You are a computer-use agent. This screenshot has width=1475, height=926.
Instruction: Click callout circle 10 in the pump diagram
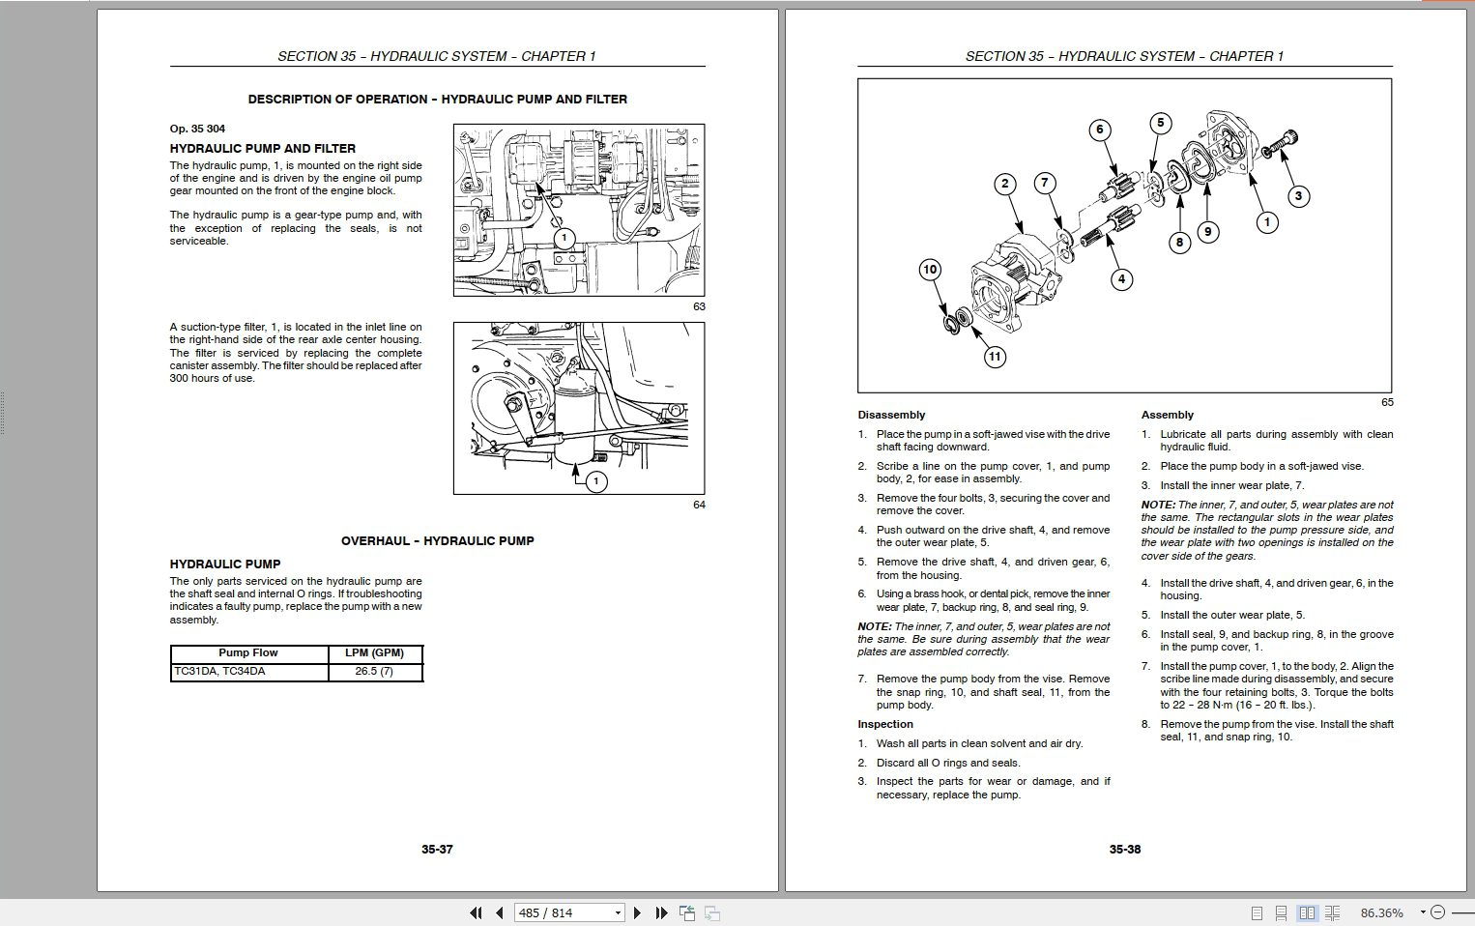930,270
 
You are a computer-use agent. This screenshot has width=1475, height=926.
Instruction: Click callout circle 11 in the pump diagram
995,357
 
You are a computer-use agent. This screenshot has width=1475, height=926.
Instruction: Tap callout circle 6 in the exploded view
1099,130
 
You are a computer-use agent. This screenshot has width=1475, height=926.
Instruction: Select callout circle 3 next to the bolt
1298,196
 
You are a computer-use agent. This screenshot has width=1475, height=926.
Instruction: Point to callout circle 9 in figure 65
1206,232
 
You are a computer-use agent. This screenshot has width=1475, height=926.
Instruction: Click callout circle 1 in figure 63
564,239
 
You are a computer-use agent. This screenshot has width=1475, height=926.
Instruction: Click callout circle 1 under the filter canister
596,480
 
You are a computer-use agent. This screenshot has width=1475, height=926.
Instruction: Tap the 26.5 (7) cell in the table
374,671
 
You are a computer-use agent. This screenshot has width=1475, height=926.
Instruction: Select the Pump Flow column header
248,652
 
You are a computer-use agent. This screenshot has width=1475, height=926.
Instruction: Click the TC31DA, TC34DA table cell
219,671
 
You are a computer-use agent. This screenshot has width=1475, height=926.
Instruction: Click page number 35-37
437,849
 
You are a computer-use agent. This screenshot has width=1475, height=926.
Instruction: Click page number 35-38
1125,849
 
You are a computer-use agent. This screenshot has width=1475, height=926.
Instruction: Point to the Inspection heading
885,724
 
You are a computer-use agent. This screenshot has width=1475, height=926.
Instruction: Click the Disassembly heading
891,415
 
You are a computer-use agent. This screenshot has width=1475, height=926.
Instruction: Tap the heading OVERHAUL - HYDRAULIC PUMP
437,540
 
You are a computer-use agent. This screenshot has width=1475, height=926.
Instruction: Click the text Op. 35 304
197,129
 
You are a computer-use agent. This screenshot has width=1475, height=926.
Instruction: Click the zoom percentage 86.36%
1381,912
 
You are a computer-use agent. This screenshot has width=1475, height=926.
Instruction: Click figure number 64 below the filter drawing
699,505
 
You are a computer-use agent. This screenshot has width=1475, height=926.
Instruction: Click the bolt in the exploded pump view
1280,146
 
